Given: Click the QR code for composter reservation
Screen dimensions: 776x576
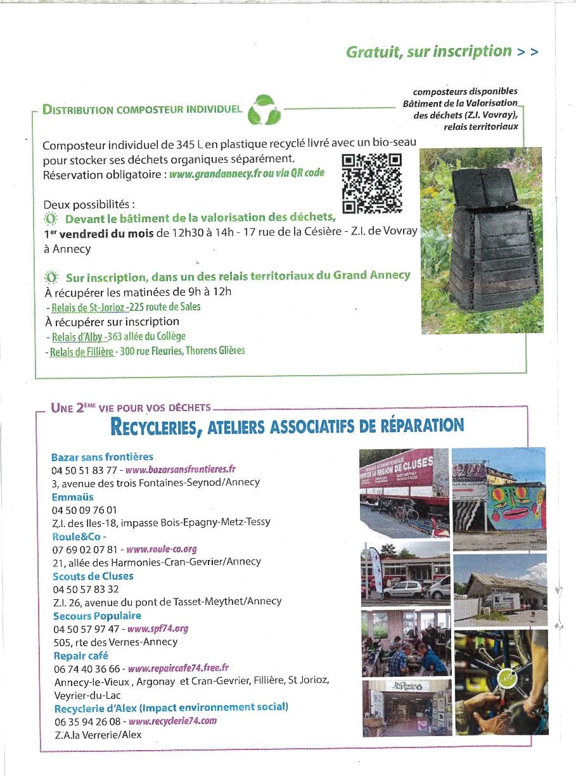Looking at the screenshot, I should (x=372, y=184).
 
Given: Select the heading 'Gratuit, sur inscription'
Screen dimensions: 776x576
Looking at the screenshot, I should (x=429, y=52).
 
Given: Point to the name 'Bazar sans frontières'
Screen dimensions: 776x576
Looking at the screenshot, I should (x=102, y=457).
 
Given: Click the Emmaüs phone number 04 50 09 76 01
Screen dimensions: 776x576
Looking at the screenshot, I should (x=84, y=509).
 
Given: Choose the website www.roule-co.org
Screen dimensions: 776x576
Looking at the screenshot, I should (x=162, y=549).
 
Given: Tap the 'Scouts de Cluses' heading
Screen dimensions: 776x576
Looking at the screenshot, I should (x=93, y=576).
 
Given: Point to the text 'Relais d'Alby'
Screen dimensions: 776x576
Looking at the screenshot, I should (x=77, y=337).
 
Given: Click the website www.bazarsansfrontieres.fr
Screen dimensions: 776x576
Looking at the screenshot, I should (x=181, y=470).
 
